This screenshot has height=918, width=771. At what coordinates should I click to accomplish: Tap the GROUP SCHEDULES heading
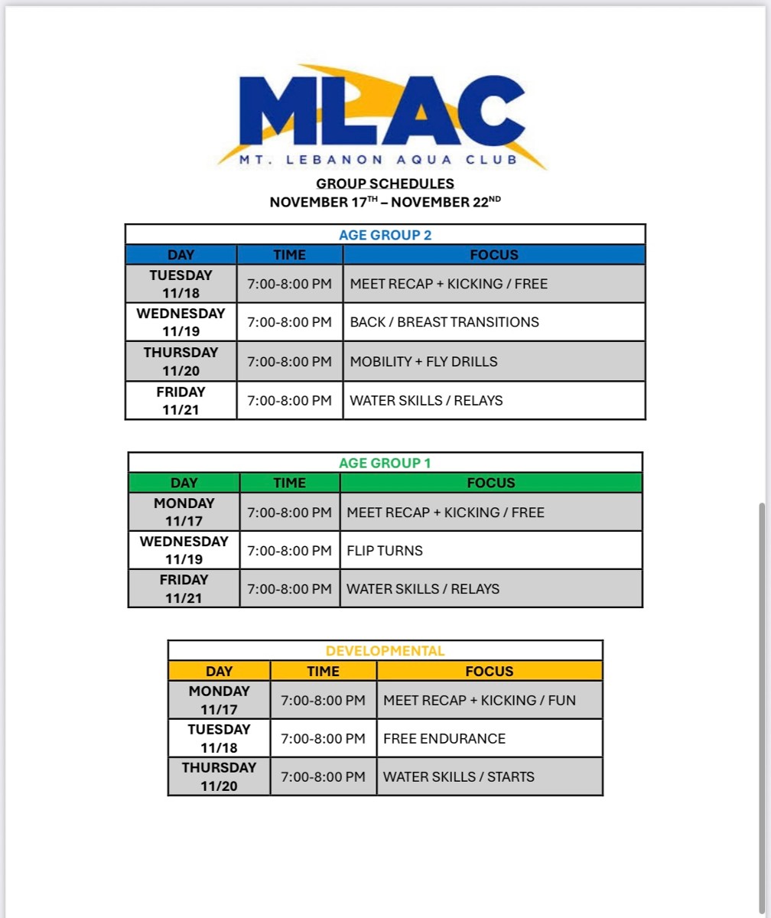(x=385, y=184)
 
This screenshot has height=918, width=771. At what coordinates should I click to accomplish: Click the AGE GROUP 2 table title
(x=385, y=235)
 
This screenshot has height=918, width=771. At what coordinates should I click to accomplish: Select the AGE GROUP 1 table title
(x=385, y=463)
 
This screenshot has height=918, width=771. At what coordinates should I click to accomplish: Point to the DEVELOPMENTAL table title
(x=385, y=651)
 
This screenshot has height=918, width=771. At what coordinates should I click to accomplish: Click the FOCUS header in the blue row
(x=493, y=255)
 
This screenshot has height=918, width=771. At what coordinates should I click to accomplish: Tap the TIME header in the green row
(x=289, y=483)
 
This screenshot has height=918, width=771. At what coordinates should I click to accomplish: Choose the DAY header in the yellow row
(x=219, y=671)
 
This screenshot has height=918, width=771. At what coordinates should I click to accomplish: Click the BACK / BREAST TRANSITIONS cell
(x=444, y=322)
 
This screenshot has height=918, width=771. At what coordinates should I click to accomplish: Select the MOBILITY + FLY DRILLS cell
(x=424, y=361)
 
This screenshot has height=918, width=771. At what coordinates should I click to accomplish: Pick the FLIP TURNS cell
(x=385, y=550)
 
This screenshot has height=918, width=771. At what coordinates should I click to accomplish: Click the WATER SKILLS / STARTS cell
(x=459, y=776)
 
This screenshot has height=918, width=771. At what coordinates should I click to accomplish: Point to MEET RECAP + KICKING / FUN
(x=480, y=700)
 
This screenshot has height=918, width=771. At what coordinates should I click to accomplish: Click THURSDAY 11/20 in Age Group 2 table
(x=181, y=361)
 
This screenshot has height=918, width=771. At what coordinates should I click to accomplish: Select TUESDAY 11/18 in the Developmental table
(x=219, y=738)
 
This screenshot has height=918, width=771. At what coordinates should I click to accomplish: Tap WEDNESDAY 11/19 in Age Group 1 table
(x=184, y=550)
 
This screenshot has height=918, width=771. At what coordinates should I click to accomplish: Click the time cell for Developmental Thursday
(x=323, y=776)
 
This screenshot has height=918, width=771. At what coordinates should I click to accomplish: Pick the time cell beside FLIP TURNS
(x=289, y=550)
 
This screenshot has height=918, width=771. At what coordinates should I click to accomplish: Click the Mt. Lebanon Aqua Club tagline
(x=379, y=160)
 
